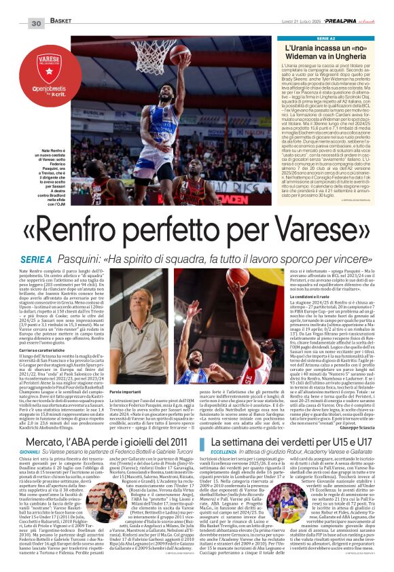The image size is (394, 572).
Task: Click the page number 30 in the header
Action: [35, 23]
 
